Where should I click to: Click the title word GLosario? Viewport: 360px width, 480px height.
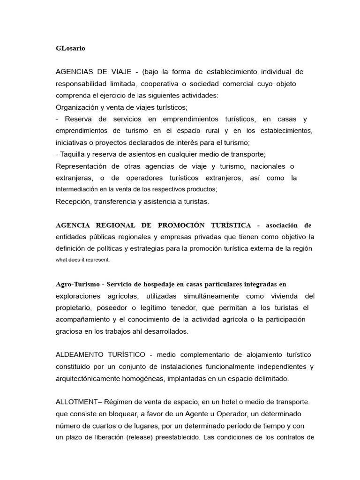coord(70,48)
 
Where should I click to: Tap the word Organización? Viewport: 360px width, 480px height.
coord(79,107)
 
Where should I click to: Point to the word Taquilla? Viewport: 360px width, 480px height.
coord(76,154)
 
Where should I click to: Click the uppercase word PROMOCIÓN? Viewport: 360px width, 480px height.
coord(182,225)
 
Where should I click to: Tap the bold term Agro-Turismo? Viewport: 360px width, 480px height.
coord(78,285)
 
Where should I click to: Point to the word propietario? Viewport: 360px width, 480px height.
coord(75,308)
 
